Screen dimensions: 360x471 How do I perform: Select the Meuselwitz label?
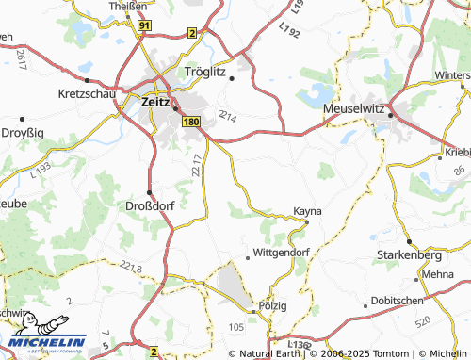[x=354, y=109]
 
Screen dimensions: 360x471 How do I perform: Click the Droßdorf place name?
[x=149, y=205]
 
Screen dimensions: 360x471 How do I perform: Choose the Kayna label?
[x=308, y=211]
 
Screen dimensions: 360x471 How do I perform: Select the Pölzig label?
[x=272, y=307]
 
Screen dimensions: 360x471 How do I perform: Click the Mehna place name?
[x=438, y=274]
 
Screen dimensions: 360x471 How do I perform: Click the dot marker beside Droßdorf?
[x=149, y=192]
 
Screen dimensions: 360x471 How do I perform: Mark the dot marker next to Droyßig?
[x=22, y=120]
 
